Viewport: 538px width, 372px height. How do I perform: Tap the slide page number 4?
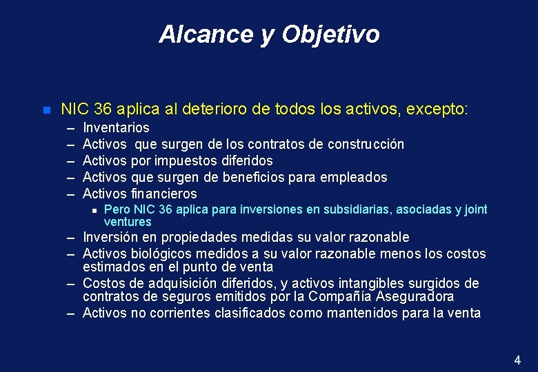point(517,360)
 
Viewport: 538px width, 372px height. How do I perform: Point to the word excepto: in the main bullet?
point(437,109)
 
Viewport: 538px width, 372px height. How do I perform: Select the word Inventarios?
point(116,127)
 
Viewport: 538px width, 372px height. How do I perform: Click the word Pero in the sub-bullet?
point(115,209)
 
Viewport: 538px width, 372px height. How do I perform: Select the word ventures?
point(128,222)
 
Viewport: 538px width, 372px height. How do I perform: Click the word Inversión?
point(111,238)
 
